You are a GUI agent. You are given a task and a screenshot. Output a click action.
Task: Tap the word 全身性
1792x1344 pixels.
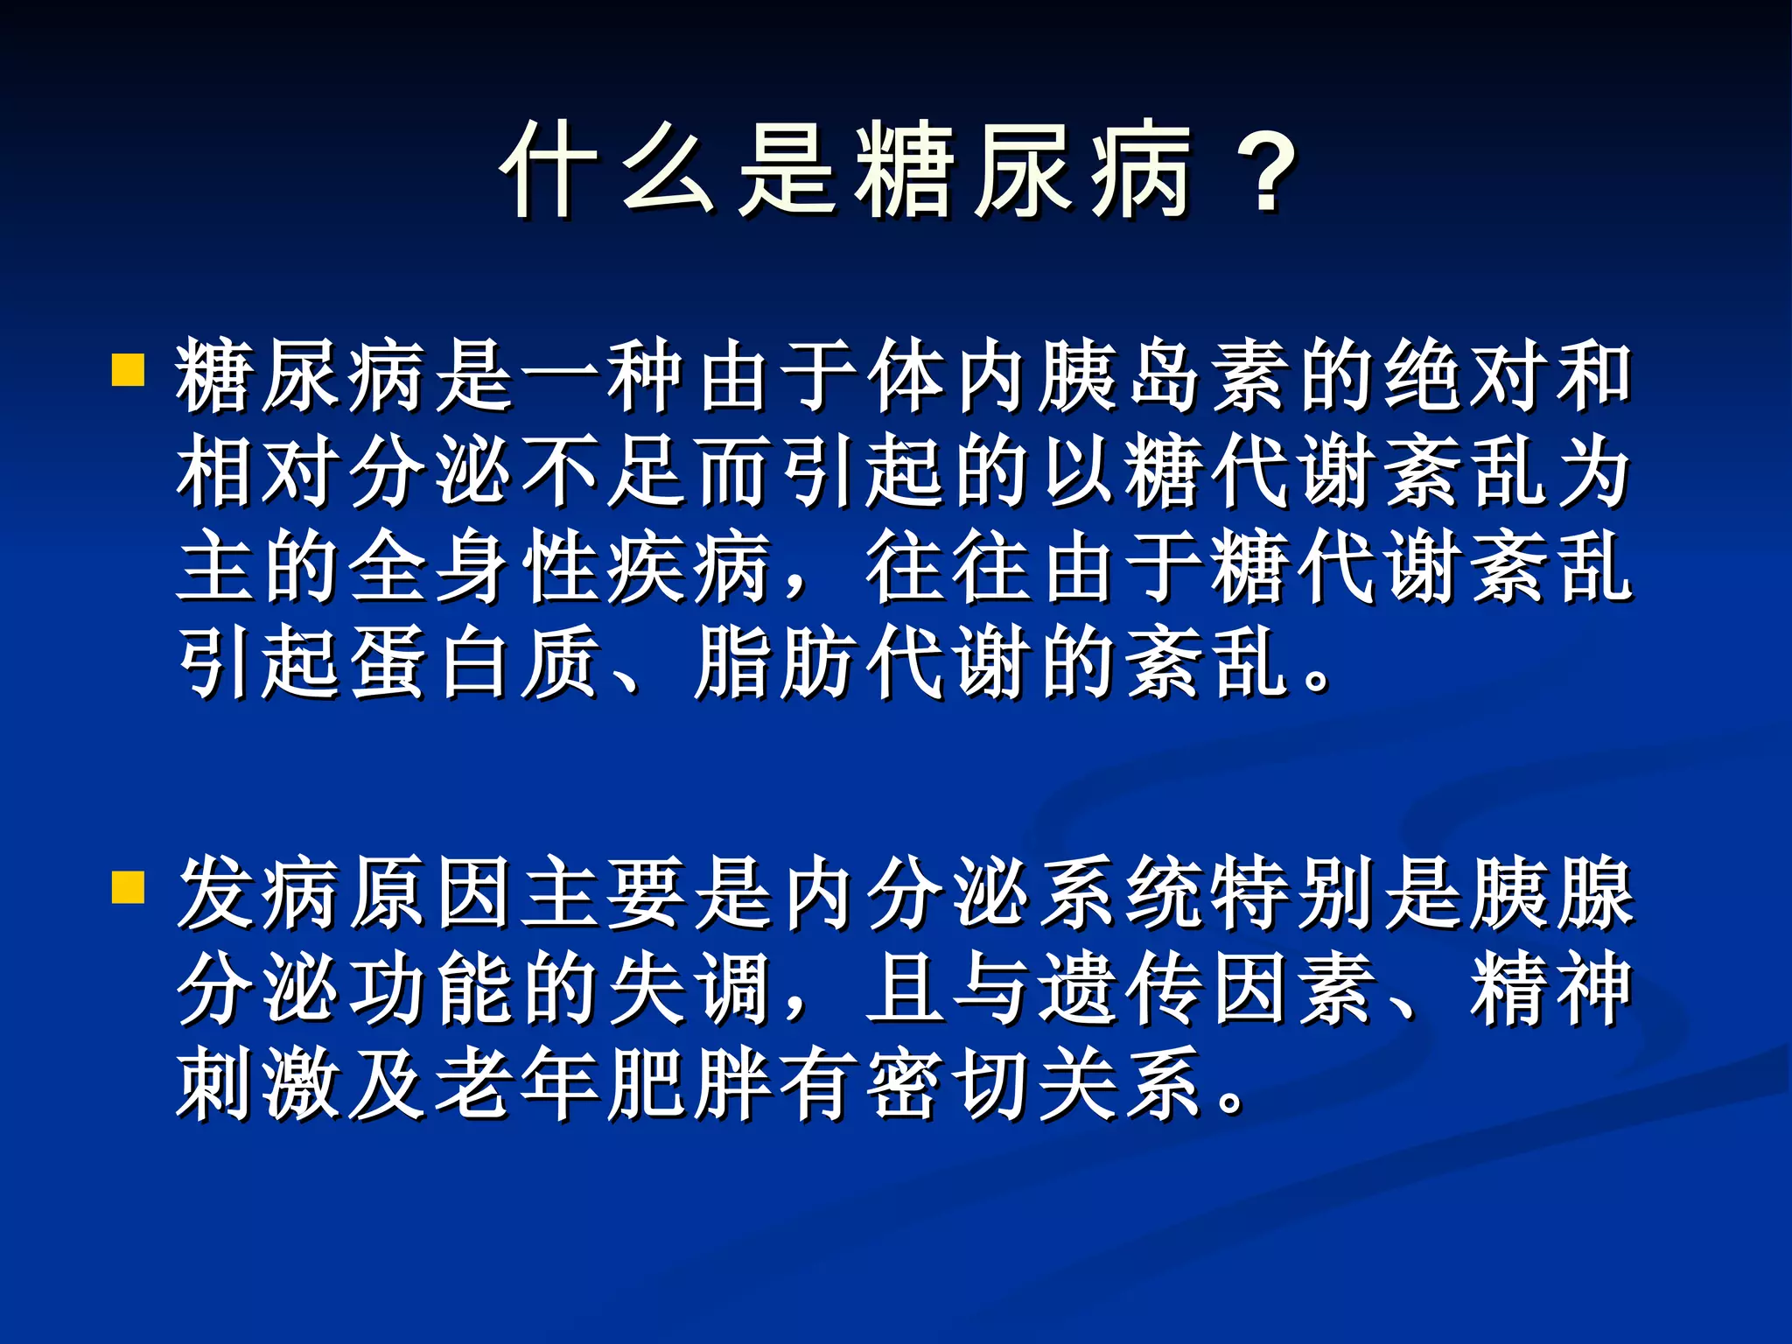coord(472,568)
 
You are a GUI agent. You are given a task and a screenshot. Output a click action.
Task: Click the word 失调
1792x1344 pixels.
coord(687,990)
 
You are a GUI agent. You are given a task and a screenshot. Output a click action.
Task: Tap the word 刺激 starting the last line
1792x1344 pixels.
coord(257,1085)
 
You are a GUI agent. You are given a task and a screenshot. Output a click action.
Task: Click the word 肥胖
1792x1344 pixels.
coord(687,1085)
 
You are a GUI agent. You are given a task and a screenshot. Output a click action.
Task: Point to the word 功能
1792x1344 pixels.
coord(429,990)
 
